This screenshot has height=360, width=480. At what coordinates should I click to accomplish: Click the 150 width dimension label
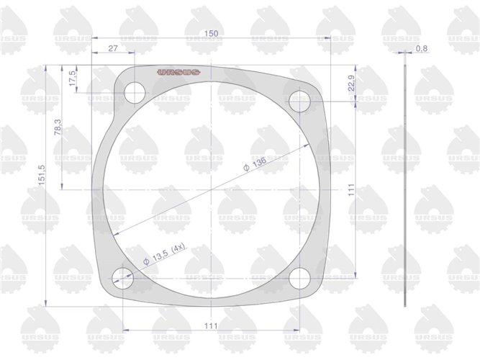point(211,34)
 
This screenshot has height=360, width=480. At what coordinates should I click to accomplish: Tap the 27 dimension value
point(114,48)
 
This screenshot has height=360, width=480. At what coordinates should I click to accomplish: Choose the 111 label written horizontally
point(210,326)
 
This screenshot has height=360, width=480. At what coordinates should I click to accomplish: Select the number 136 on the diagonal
point(259,163)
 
